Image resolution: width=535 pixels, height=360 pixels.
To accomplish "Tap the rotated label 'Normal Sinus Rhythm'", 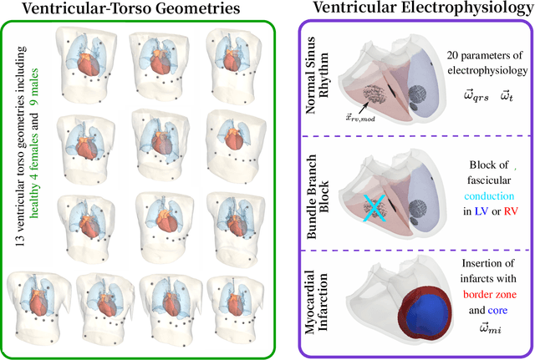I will (x=318, y=84).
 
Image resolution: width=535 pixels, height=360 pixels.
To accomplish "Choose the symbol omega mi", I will (x=478, y=328).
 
